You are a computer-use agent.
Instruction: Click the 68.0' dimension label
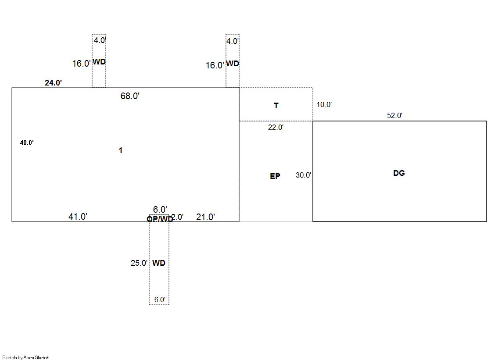[x=130, y=96]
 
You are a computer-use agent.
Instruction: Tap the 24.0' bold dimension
[x=53, y=82]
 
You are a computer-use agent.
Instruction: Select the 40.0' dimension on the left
[x=27, y=143]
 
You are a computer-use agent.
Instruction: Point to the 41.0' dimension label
[x=78, y=216]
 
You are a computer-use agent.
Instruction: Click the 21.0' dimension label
[x=205, y=217]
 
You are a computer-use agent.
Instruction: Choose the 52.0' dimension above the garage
[x=394, y=115]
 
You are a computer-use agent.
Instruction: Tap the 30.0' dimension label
[x=303, y=175]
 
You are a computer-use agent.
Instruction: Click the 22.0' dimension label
[x=276, y=127]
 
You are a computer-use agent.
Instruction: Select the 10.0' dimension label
[x=324, y=104]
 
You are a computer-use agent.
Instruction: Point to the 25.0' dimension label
[x=139, y=263]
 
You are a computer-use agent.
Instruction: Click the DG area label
[x=399, y=173]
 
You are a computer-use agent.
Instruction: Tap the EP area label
[x=275, y=176]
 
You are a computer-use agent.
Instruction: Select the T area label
[x=276, y=106]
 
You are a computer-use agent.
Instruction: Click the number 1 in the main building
[x=121, y=150]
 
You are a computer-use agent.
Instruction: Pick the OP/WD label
[x=160, y=219]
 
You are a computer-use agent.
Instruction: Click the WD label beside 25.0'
[x=159, y=263]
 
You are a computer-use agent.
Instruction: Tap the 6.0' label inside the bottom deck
[x=160, y=299]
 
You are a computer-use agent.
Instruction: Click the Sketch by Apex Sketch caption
[x=26, y=357]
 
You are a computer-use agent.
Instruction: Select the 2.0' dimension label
[x=178, y=217]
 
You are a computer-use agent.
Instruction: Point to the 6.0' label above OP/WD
[x=160, y=209]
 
